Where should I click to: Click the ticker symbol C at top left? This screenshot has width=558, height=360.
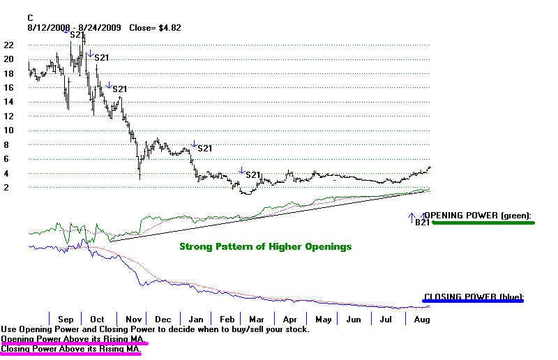click(31, 17)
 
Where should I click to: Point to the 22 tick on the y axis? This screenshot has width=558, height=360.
click(8, 45)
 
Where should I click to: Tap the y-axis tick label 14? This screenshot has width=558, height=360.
click(8, 102)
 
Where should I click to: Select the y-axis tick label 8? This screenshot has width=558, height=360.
click(6, 145)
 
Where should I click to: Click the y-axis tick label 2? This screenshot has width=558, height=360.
click(6, 188)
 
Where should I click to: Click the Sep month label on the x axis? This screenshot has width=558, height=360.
click(66, 319)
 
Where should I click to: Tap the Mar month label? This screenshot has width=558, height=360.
click(257, 319)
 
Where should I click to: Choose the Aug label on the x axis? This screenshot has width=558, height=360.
click(421, 319)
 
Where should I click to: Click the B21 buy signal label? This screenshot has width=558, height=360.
click(422, 222)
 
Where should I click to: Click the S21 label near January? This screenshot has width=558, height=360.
click(205, 149)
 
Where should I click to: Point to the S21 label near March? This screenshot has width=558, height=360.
click(252, 175)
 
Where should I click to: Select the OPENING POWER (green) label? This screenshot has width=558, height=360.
click(478, 216)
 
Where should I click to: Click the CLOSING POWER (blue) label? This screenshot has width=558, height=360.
click(473, 297)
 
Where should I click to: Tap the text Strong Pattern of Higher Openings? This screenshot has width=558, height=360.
click(265, 246)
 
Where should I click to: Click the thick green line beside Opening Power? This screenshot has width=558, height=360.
click(482, 223)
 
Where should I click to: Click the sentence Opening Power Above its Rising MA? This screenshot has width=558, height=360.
click(74, 338)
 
